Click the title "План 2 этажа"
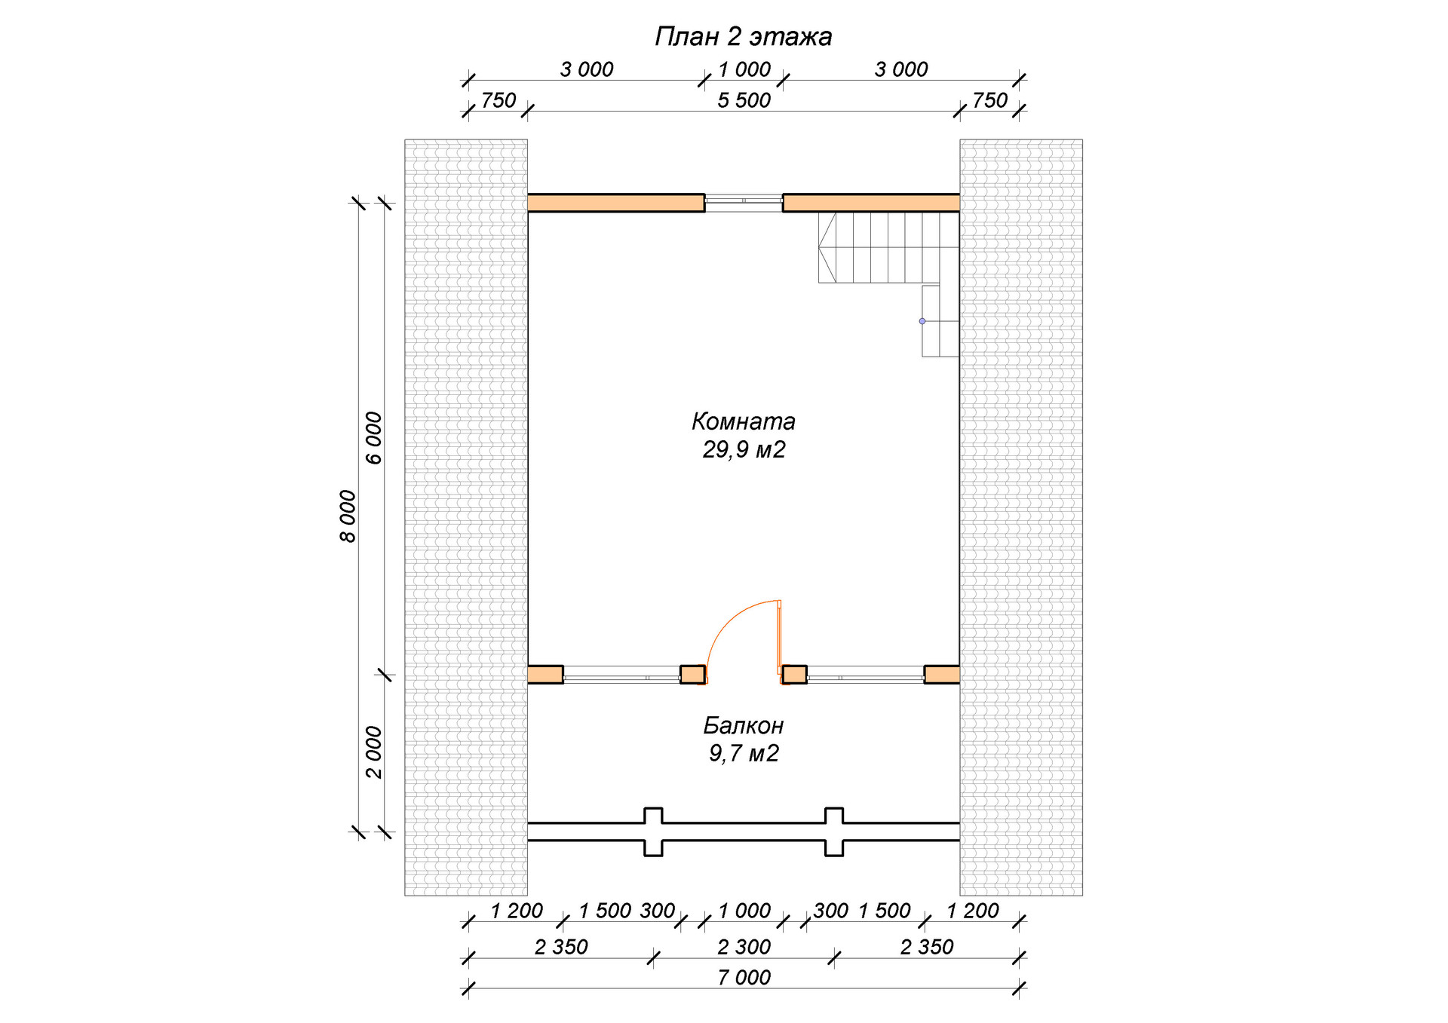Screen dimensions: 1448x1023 point(743,36)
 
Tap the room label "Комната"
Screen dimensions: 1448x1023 point(744,421)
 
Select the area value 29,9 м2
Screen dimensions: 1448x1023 point(744,449)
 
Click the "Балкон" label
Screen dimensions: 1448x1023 point(744,725)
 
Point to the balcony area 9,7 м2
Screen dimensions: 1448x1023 point(744,753)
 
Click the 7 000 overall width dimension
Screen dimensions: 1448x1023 point(744,977)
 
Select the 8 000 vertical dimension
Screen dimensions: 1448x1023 point(347,516)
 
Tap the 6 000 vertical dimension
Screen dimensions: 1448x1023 point(374,438)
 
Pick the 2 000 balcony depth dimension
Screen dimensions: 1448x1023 point(374,752)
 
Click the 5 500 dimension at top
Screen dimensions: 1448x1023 point(744,100)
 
